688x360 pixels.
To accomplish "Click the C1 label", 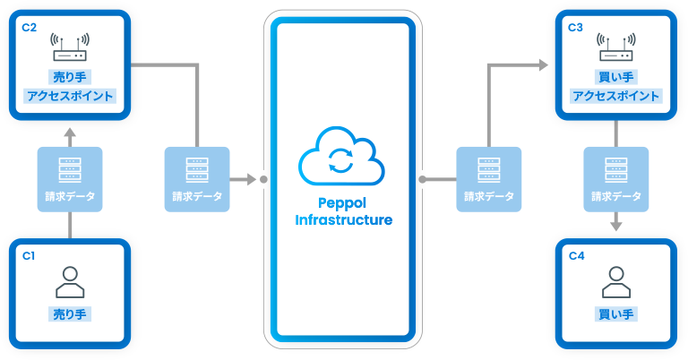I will (29, 255).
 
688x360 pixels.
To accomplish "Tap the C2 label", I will (29, 27).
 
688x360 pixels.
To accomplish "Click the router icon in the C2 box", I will (70, 47).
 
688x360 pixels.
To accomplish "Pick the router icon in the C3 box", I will (615, 47).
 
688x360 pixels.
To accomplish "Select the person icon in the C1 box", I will (70, 281).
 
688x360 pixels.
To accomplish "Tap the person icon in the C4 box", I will (615, 281).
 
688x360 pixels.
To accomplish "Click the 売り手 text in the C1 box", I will (70, 314).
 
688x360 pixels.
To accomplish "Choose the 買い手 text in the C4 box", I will (615, 314).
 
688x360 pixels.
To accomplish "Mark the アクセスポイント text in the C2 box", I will (70, 96).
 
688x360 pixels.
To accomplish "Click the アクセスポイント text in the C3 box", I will (615, 96).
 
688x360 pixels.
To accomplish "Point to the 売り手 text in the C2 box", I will (70, 78).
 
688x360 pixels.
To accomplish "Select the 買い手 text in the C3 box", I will (615, 78).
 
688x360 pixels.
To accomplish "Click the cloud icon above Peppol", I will (341, 159).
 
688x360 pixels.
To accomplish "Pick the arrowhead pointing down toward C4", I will (615, 228).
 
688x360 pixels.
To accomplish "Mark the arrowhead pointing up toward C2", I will (70, 131).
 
